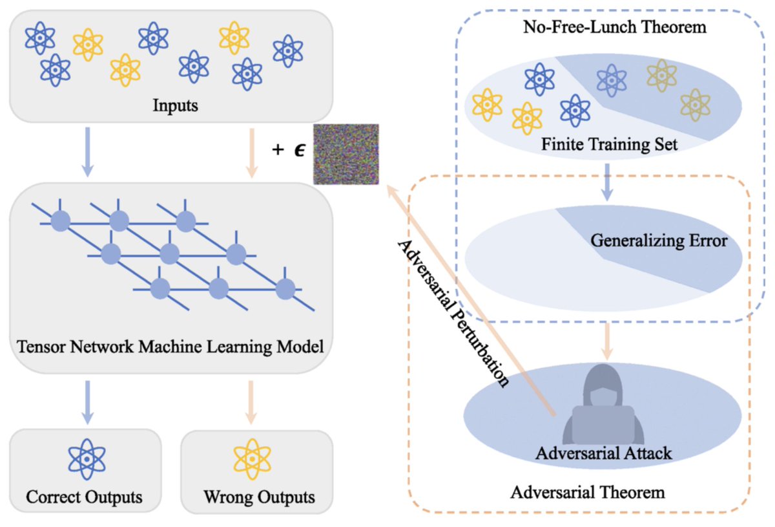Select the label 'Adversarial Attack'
tap(603, 453)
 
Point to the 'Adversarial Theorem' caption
tap(588, 493)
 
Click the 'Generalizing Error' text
tap(659, 241)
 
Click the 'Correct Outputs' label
tap(84, 497)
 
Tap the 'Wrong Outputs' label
tap(259, 497)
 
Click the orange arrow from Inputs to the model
tap(253, 152)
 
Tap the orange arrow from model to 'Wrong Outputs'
tap(253, 401)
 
